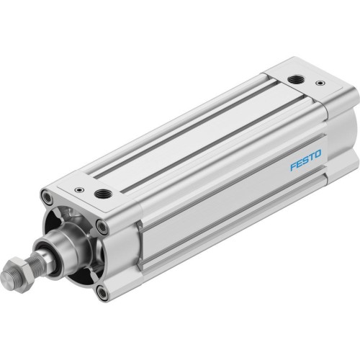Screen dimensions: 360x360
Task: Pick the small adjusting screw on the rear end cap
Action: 320,84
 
